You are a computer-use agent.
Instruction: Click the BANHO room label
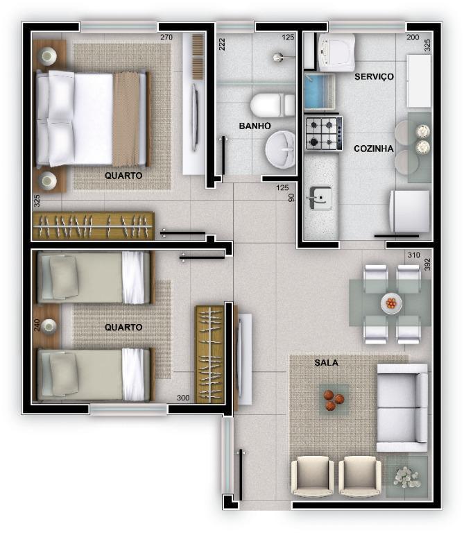tap(255, 126)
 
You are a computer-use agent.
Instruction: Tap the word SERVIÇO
tap(374, 76)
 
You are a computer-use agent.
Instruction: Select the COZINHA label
tap(373, 149)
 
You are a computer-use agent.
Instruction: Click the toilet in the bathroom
tap(271, 105)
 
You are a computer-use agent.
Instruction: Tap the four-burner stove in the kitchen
tap(323, 133)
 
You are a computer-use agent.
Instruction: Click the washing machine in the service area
tap(336, 52)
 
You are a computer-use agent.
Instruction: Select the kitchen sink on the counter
tap(320, 198)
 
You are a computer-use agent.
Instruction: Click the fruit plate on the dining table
tap(392, 303)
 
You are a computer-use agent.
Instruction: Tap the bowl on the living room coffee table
tap(334, 400)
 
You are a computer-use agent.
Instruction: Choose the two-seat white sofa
tap(402, 407)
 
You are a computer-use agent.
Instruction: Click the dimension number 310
tap(413, 255)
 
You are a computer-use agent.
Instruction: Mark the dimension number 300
tap(183, 398)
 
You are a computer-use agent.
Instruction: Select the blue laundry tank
tap(319, 92)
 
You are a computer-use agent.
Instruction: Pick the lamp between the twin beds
tap(49, 326)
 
